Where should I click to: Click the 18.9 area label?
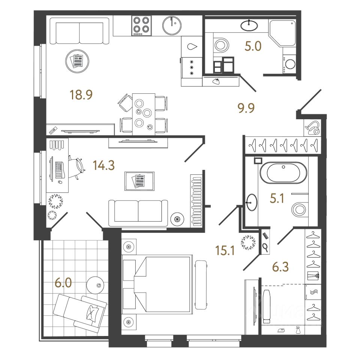[x=81, y=95]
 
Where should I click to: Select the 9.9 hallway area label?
[x=246, y=109]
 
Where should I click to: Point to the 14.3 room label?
[x=104, y=165]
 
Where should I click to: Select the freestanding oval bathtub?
[x=283, y=173]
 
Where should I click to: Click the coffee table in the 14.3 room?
[x=139, y=181]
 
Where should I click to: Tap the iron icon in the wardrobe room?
[x=281, y=330]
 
